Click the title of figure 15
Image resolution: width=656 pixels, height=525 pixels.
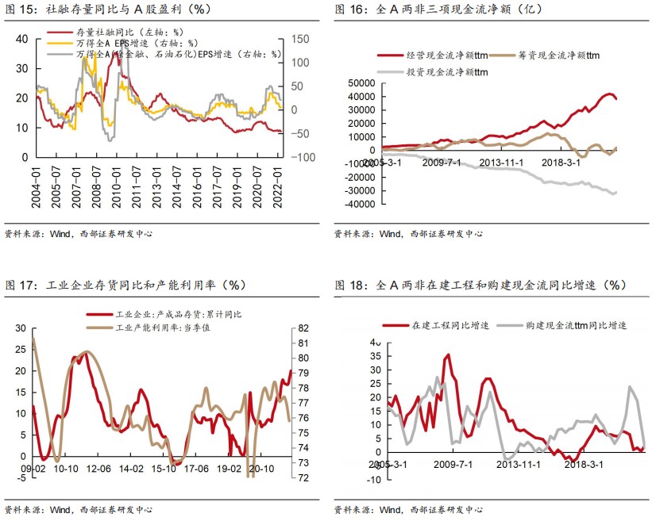108,10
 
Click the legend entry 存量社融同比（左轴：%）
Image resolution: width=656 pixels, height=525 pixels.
131,33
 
